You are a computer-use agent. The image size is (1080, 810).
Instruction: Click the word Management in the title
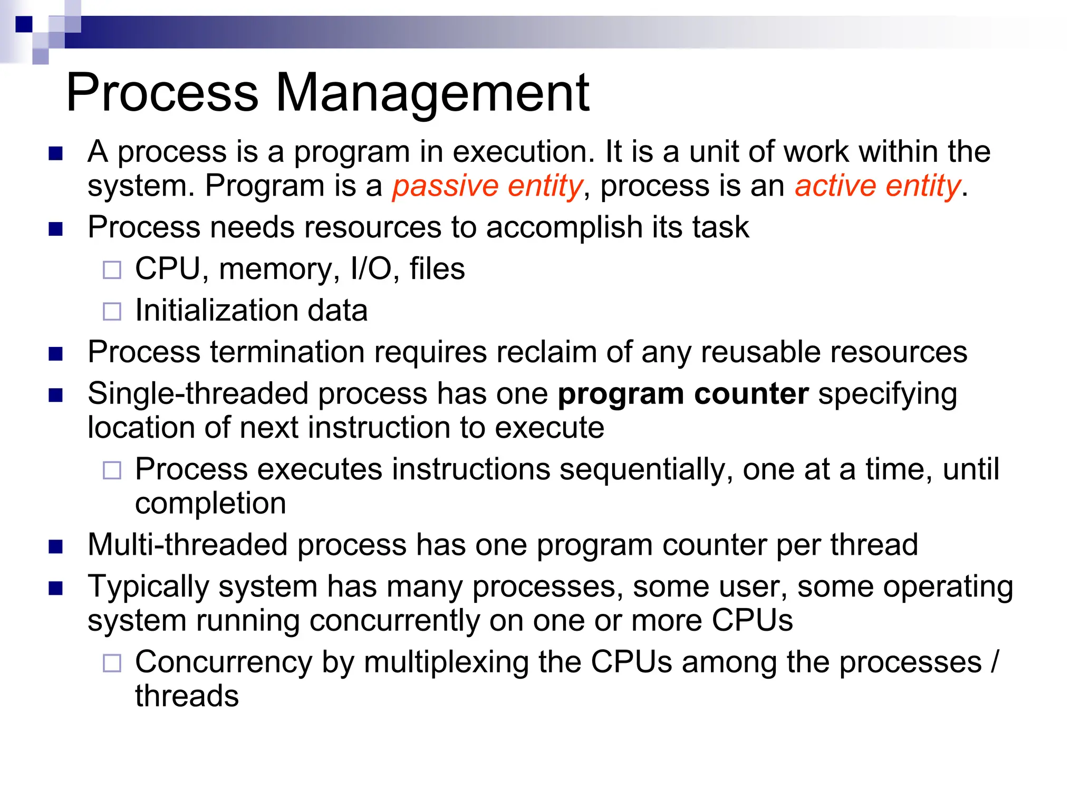click(x=432, y=93)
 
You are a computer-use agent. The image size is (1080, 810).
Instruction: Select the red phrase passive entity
click(x=487, y=186)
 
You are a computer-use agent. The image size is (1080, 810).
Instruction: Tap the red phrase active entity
click(x=877, y=186)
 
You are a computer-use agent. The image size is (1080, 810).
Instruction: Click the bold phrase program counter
click(x=683, y=394)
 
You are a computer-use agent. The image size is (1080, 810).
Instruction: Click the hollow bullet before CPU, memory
click(x=112, y=270)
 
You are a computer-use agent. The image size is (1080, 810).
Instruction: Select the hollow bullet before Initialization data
click(x=112, y=311)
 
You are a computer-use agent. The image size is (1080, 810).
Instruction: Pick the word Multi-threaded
click(x=188, y=545)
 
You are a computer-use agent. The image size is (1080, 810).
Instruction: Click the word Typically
click(x=148, y=587)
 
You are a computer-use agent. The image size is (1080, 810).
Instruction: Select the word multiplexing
click(x=446, y=662)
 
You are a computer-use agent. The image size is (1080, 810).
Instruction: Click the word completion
click(x=210, y=504)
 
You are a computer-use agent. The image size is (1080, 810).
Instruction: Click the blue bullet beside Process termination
click(x=55, y=353)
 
